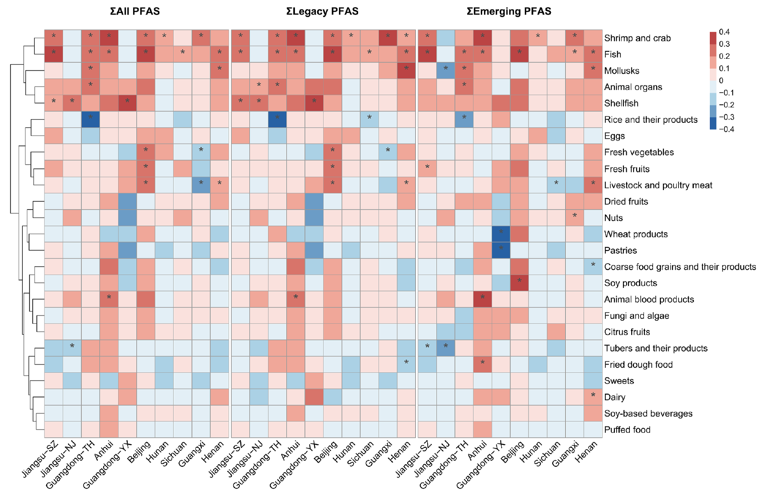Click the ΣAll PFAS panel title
click(x=135, y=11)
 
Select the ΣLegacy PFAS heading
click(x=322, y=11)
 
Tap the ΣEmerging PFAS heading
click(x=509, y=11)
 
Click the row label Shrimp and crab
click(x=637, y=38)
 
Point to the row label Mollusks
click(x=622, y=71)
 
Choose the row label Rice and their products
click(x=651, y=120)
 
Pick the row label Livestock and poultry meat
click(x=658, y=185)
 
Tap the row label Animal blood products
click(x=649, y=299)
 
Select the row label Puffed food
click(x=627, y=430)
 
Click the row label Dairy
click(x=614, y=397)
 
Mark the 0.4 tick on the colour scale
click(x=724, y=32)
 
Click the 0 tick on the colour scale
click(x=721, y=80)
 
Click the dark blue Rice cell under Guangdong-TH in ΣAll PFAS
click(x=90, y=120)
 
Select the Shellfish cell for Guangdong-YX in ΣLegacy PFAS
click(x=314, y=103)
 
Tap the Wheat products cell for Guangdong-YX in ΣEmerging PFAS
click(x=501, y=234)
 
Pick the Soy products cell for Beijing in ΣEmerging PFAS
click(x=519, y=283)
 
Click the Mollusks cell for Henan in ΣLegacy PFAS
click(x=406, y=71)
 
